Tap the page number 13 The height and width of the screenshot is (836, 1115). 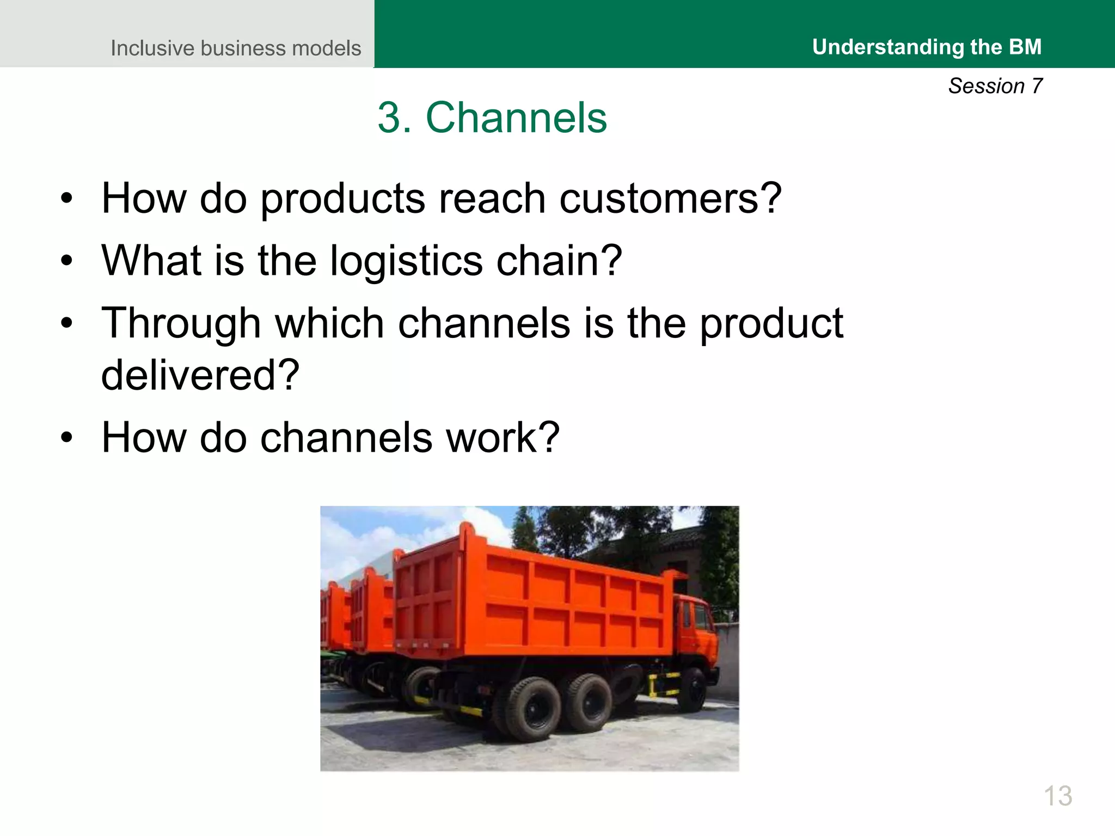pyautogui.click(x=1058, y=796)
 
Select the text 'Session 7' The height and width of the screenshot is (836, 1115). pyautogui.click(x=995, y=86)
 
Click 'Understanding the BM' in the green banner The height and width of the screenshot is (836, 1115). pyautogui.click(x=927, y=47)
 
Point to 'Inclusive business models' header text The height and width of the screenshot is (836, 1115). pyautogui.click(x=236, y=48)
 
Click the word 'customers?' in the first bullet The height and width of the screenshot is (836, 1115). pyautogui.click(x=670, y=199)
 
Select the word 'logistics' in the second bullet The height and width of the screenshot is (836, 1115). pyautogui.click(x=406, y=261)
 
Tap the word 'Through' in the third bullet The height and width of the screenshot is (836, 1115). pyautogui.click(x=181, y=323)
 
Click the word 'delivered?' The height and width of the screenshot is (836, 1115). pyautogui.click(x=200, y=375)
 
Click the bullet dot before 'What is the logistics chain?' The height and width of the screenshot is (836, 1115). pyautogui.click(x=66, y=261)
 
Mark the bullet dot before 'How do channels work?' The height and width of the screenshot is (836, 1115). pyautogui.click(x=66, y=438)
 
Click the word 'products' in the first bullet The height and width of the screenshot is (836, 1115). pyautogui.click(x=342, y=199)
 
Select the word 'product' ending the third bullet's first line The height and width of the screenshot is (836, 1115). pyautogui.click(x=771, y=323)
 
